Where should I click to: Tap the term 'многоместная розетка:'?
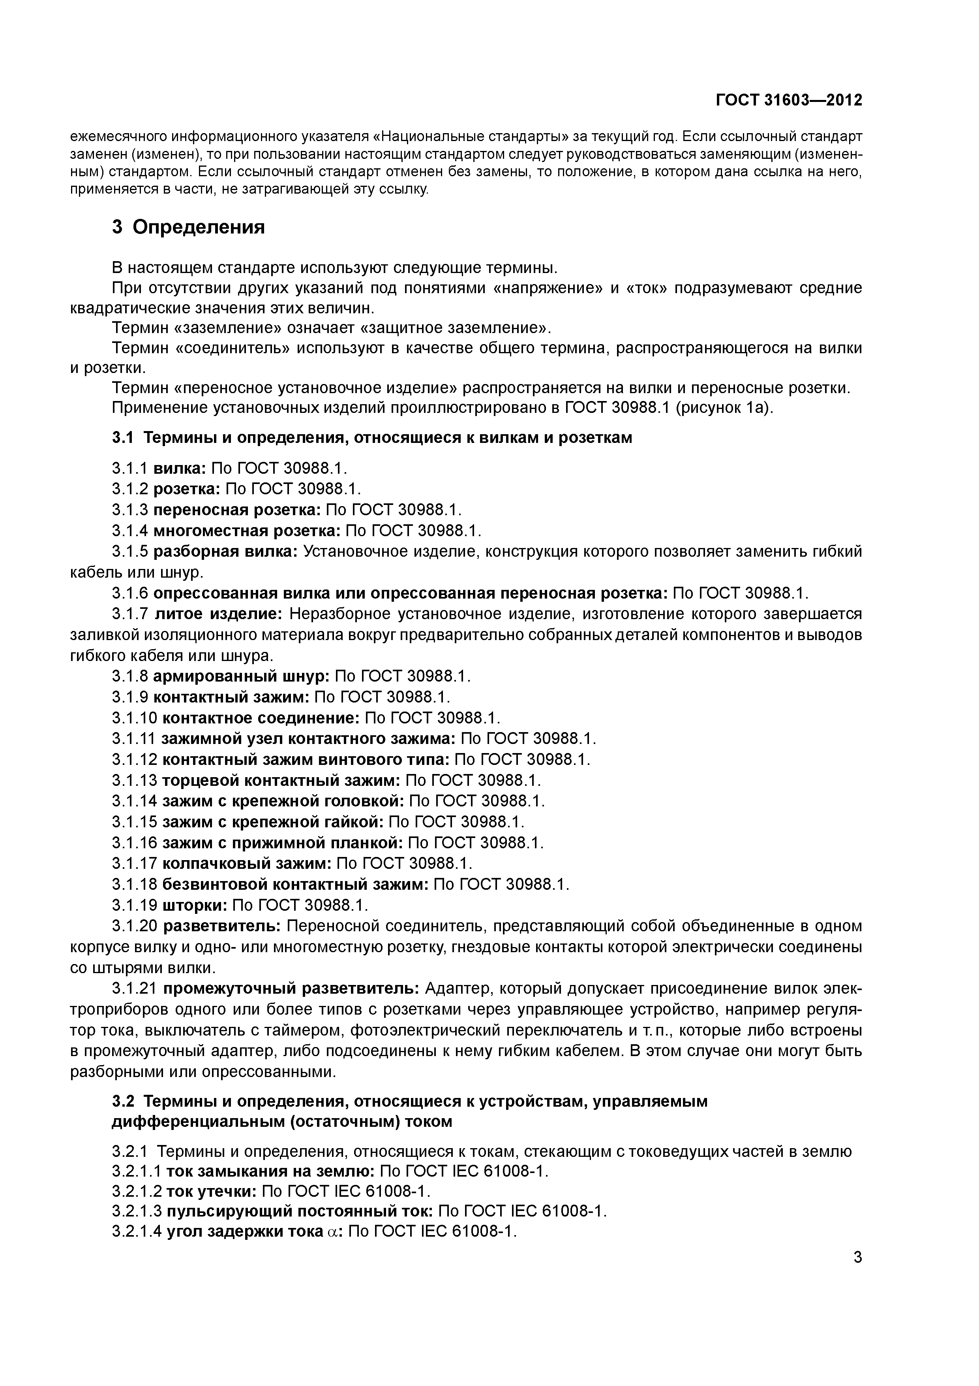(x=247, y=531)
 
